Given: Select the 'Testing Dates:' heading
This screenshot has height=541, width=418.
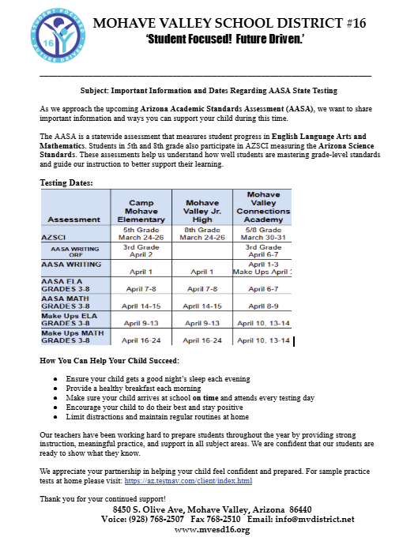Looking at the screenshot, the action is [66, 182].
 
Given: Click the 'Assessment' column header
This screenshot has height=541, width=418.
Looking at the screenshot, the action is [74, 219].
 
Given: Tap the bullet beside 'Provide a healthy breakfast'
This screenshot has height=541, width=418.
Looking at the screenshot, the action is [55, 389].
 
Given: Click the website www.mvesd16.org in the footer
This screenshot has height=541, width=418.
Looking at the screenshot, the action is [212, 530].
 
